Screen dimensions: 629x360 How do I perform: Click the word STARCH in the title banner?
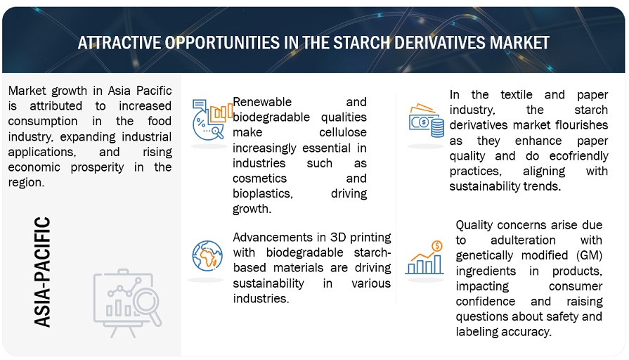click(361, 43)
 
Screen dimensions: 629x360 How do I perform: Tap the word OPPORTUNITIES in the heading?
click(222, 43)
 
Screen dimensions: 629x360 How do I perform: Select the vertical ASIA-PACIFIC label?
click(42, 272)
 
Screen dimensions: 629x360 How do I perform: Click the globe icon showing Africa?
click(207, 256)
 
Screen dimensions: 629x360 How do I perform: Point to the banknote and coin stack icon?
click(427, 121)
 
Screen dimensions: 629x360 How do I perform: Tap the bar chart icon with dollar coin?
click(424, 258)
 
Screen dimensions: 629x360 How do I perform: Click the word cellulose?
click(342, 132)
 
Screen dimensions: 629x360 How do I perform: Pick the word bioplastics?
click(263, 194)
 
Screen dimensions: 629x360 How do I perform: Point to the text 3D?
click(338, 237)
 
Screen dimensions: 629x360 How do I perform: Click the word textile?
click(517, 95)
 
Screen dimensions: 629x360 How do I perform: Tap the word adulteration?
click(523, 240)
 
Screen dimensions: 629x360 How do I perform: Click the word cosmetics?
click(259, 178)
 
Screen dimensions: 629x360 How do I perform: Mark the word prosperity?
click(97, 167)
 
